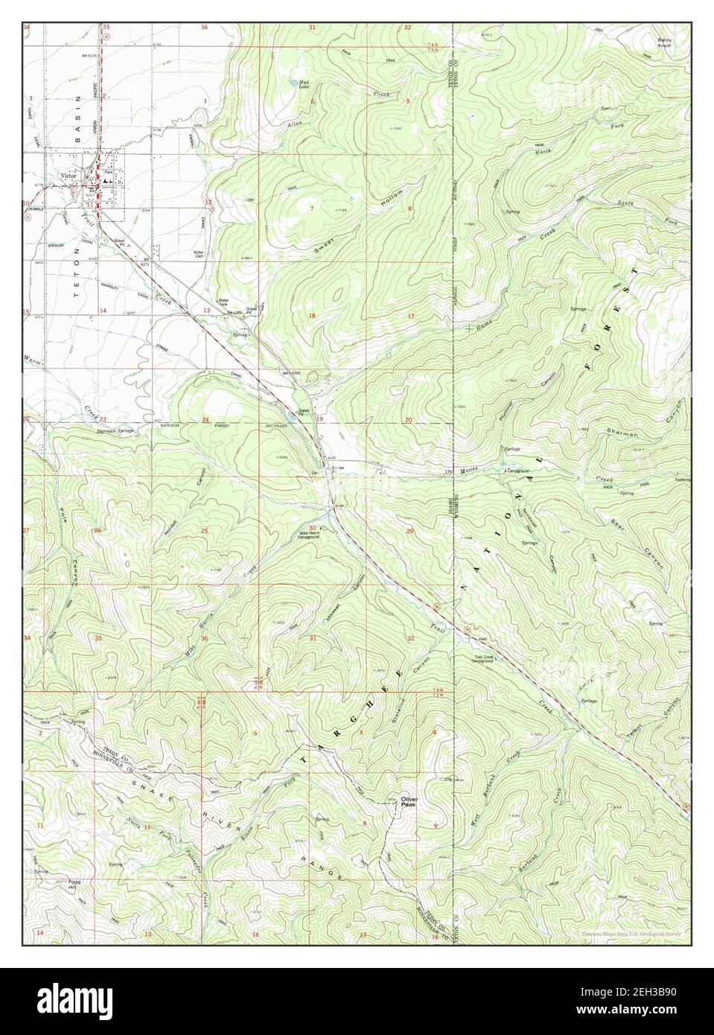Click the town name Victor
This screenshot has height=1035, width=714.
click(x=69, y=176)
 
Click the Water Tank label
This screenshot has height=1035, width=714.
click(x=222, y=303)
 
